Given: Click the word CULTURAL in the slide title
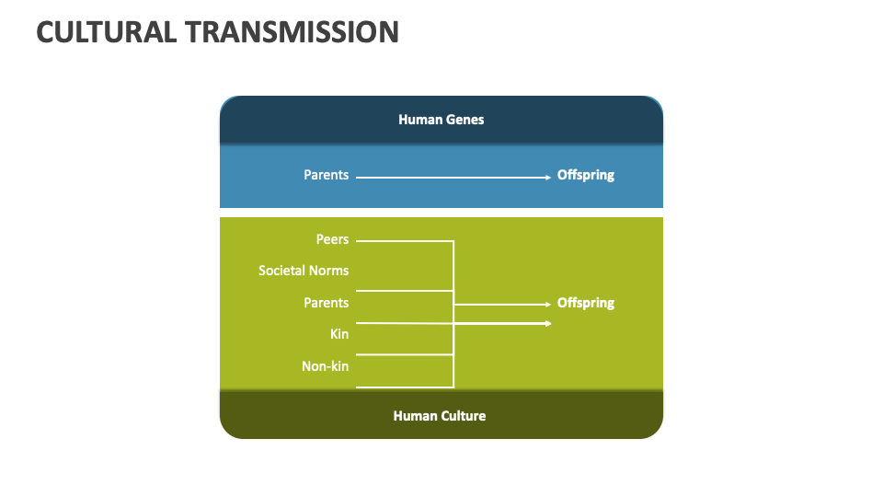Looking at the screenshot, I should point(105,31).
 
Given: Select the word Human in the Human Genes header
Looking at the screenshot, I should point(419,120).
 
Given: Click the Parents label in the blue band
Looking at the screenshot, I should point(327,175).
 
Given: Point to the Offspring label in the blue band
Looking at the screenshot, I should point(585,175).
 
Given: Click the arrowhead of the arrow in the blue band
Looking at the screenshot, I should point(547,177).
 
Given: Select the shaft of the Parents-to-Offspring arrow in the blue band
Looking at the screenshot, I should point(451,177).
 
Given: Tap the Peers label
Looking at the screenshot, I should point(332,239).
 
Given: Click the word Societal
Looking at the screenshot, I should point(281,271).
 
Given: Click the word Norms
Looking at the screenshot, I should point(329,271).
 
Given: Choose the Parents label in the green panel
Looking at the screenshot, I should point(327,303).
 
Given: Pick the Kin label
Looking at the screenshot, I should point(339,334).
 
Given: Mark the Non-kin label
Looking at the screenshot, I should point(325,366).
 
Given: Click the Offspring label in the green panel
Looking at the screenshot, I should point(585,303).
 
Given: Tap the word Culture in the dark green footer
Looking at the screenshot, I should point(462,416).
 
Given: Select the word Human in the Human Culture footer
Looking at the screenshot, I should point(414,416).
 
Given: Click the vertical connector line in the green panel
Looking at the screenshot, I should point(453,276).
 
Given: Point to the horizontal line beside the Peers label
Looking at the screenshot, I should point(405,241).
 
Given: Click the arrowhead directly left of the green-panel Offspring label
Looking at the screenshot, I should point(547,304).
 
